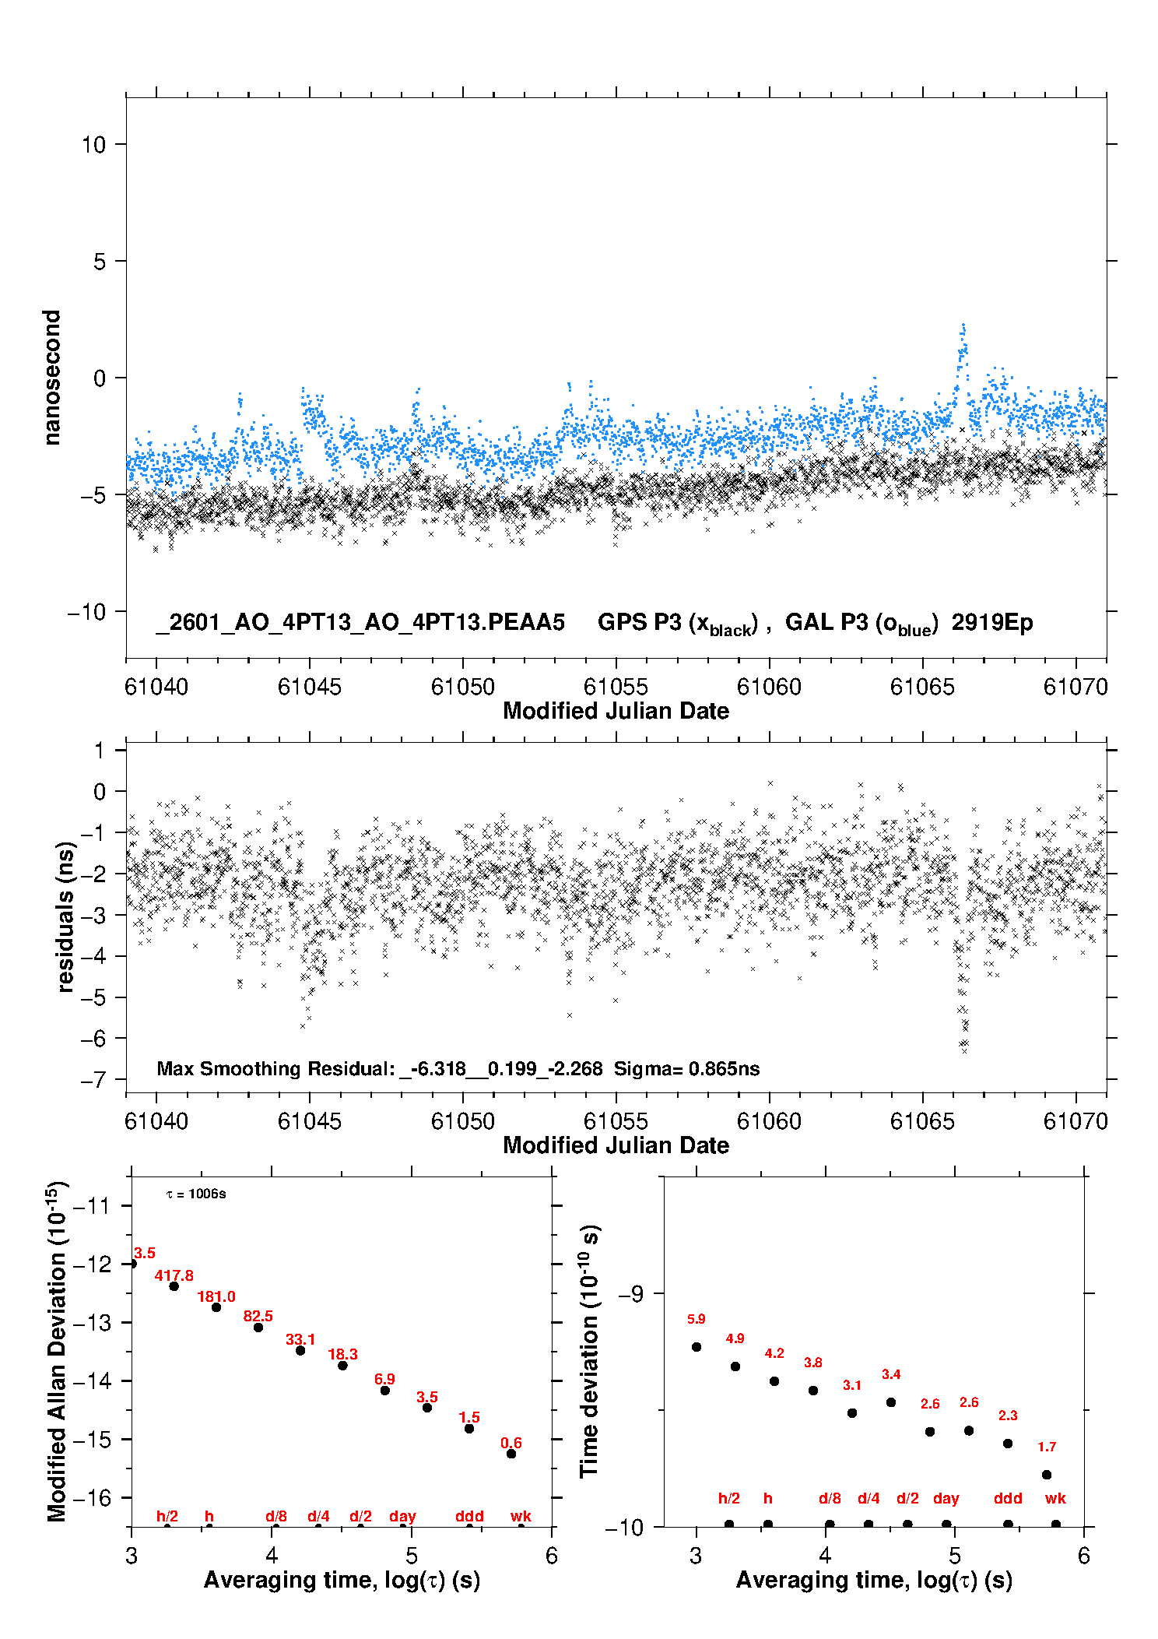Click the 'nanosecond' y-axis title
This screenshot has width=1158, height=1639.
pos(51,377)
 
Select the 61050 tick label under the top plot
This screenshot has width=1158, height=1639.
pos(462,687)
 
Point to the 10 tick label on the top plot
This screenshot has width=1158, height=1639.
pos(94,144)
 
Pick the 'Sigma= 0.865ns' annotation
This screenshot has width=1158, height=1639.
pos(686,1068)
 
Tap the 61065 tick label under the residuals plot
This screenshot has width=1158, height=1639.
pos(922,1121)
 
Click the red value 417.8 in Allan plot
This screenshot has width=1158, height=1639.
pos(174,1275)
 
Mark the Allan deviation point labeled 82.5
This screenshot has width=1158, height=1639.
pos(258,1327)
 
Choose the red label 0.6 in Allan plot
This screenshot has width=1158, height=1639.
pos(511,1443)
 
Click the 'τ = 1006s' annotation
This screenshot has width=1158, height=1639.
pos(196,1194)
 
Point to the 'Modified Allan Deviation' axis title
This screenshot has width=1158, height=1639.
pos(56,1350)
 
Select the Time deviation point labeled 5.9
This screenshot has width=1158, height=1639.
pos(697,1346)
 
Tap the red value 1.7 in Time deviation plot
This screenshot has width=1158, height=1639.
pos(1047,1447)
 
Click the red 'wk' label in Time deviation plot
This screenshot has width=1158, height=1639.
pos(1055,1498)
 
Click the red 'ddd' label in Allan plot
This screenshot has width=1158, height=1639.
pos(469,1516)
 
